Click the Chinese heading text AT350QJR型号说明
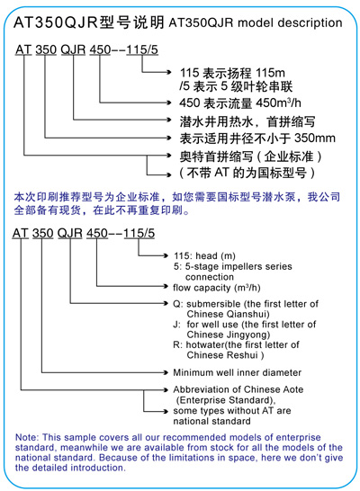pyautogui.click(x=89, y=22)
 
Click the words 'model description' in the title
pyautogui.click(x=290, y=23)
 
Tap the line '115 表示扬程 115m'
pyautogui.click(x=232, y=73)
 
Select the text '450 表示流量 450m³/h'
pyautogui.click(x=240, y=103)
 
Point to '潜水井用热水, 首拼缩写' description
pyautogui.click(x=247, y=121)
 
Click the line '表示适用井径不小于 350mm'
pyautogui.click(x=257, y=138)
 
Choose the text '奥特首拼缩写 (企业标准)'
pyautogui.click(x=250, y=156)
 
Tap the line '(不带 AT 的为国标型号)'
pyautogui.click(x=247, y=173)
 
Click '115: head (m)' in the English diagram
pyautogui.click(x=204, y=255)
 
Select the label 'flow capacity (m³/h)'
pyautogui.click(x=217, y=288)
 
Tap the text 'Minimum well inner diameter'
pyautogui.click(x=238, y=372)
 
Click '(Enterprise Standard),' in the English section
pyautogui.click(x=226, y=400)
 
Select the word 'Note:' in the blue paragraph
pyautogui.click(x=27, y=437)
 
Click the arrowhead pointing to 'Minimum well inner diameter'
pyautogui.click(x=166, y=372)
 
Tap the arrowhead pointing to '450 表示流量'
pyautogui.click(x=169, y=103)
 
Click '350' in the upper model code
pyautogui.click(x=46, y=49)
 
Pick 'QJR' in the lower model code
pyautogui.click(x=70, y=233)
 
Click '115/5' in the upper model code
pyautogui.click(x=142, y=49)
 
